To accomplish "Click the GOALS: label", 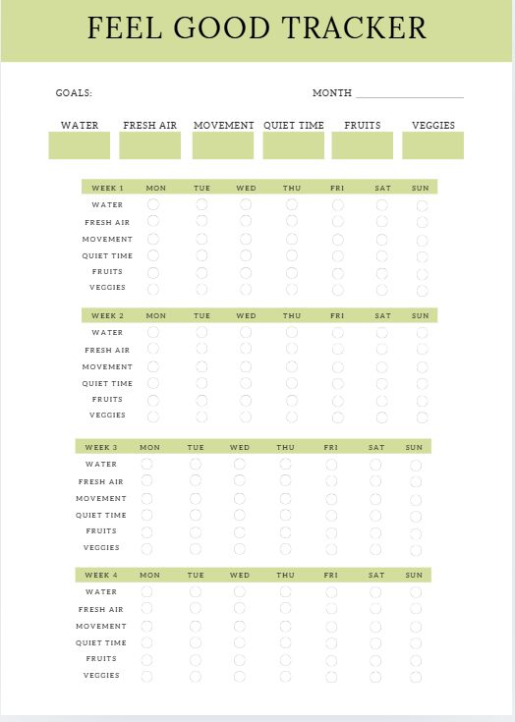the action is (74, 93).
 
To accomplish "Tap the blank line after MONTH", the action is (409, 94).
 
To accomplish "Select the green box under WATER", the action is (80, 145).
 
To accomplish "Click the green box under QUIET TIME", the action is (293, 145).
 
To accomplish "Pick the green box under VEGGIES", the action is (432, 145).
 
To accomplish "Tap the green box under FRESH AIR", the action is (150, 145).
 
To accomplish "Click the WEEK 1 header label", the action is (107, 188).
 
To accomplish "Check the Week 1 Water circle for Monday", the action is (153, 204).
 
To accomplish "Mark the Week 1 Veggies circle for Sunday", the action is (423, 290).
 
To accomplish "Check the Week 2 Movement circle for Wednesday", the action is (246, 366).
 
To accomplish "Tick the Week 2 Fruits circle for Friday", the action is (337, 400).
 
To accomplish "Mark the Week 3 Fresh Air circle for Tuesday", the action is (196, 481).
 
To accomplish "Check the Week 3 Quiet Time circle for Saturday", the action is (375, 516).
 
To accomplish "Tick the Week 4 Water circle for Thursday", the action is (285, 591).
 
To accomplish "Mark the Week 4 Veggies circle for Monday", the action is (147, 676).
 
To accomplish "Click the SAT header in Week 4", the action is (376, 576).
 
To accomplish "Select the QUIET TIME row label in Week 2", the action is (107, 384).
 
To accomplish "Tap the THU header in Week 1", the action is (292, 188).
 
